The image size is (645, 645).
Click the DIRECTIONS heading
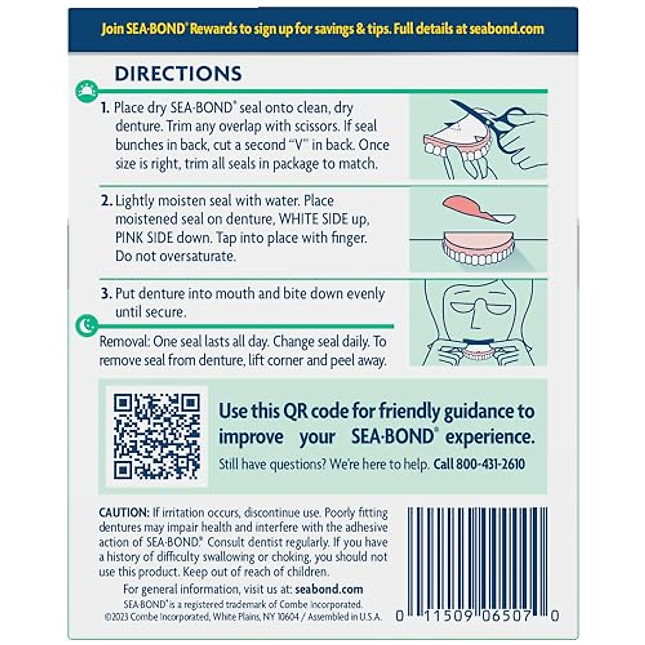pos(178,74)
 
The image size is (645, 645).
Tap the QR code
pos(156,436)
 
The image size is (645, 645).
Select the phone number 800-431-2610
pos(490,464)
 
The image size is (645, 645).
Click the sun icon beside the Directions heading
pos(87,91)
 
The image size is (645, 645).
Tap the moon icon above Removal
pos(87,325)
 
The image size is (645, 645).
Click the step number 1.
pos(105,108)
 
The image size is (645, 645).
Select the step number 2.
pos(106,201)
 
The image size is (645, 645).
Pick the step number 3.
pos(106,294)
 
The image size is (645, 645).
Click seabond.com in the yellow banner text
pos(506,29)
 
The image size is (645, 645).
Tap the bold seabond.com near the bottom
pos(329,589)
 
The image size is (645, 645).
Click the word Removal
pos(124,342)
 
